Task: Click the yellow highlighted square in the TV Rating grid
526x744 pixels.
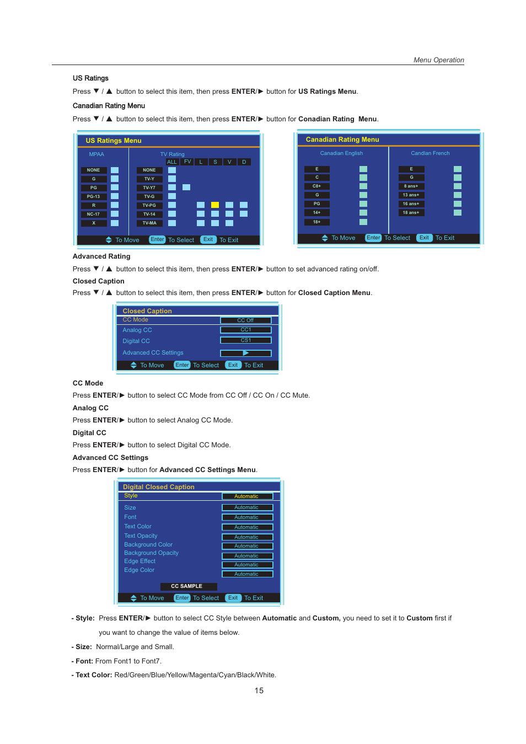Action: [215, 205]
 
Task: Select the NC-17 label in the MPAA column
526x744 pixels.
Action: [93, 214]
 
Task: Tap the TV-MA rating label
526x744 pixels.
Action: [149, 223]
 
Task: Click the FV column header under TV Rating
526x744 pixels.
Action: [187, 162]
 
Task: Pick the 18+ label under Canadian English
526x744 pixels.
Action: [316, 222]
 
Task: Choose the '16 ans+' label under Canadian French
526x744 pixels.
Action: [411, 204]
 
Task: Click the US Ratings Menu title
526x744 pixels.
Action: [114, 141]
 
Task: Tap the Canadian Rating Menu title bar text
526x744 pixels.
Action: [342, 140]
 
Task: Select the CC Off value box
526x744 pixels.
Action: [245, 320]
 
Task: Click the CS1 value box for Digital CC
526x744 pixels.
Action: [245, 340]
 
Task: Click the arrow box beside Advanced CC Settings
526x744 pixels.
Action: [245, 353]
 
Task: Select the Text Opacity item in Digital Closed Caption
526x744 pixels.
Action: [141, 536]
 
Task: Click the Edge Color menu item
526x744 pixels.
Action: [139, 570]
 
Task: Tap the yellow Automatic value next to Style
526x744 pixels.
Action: [246, 496]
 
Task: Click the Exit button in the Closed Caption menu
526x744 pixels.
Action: [233, 365]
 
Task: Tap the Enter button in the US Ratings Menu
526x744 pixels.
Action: [157, 239]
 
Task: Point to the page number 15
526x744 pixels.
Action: [259, 691]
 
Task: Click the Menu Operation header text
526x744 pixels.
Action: [438, 60]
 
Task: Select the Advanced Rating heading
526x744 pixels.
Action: [101, 256]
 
